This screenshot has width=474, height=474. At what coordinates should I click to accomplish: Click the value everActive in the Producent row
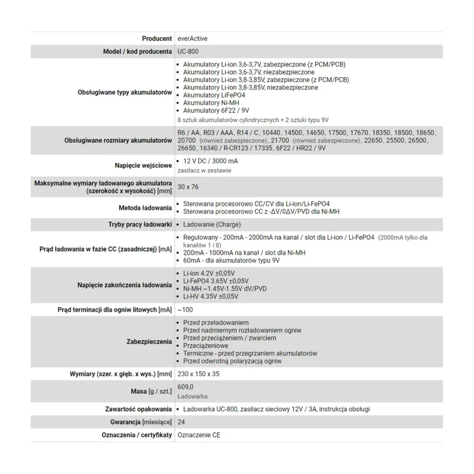[193, 39]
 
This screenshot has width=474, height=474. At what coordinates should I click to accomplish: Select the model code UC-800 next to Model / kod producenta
[188, 52]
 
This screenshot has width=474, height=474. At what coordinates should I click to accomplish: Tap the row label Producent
[157, 39]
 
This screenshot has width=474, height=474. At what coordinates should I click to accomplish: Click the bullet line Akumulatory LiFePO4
[214, 95]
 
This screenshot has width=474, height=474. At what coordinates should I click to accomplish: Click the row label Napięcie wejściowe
[143, 166]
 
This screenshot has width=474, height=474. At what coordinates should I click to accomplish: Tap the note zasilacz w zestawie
[204, 170]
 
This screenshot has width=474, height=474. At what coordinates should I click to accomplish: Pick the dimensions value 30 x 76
[188, 187]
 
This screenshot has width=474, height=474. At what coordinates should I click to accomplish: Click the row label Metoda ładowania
[145, 208]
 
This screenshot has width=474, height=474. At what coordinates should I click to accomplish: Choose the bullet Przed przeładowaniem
[215, 322]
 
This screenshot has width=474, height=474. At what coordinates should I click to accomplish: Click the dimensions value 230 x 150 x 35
[198, 374]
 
